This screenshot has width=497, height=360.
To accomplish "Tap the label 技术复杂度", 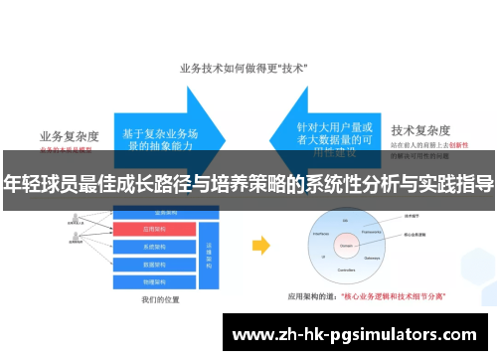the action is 421,130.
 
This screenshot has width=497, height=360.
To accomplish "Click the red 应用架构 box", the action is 158,230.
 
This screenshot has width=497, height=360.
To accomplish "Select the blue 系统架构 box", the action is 158,246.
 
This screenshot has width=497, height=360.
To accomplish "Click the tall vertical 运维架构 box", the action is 209,250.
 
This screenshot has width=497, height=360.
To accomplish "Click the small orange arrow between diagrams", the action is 261,246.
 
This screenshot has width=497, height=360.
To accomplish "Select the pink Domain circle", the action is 346,241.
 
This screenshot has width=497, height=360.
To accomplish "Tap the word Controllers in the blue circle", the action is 346,270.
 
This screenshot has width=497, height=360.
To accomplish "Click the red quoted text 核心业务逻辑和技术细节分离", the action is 393,295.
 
